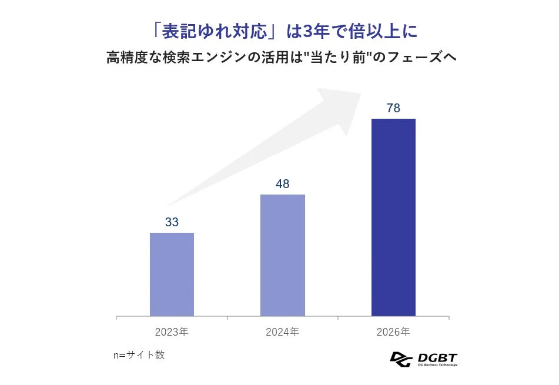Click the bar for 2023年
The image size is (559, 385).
(x=172, y=274)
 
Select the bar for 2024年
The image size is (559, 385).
(x=283, y=255)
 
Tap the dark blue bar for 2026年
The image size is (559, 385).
(x=393, y=217)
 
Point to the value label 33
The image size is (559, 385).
(x=172, y=222)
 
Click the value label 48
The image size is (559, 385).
(x=283, y=184)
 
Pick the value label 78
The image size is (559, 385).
(x=393, y=108)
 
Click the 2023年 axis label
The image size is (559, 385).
(x=172, y=332)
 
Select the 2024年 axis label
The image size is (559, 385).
(x=283, y=332)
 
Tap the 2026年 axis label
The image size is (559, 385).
(x=393, y=332)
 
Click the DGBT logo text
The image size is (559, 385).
(x=437, y=357)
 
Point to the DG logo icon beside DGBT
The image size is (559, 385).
(x=401, y=359)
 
